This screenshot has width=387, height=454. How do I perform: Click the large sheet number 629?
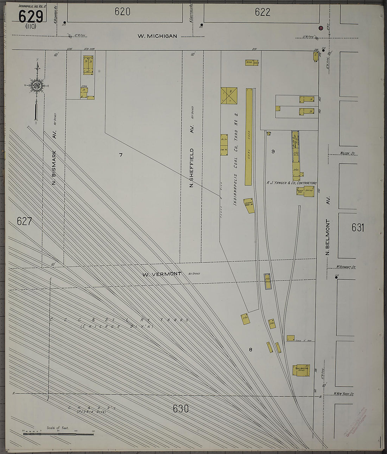point(31,16)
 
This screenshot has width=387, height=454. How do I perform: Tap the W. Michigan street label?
point(157,36)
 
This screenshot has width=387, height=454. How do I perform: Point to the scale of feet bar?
point(58,434)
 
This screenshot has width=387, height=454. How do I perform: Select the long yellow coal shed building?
point(249,137)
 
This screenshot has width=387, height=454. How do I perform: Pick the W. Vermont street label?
point(162,274)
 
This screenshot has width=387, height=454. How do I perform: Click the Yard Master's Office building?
point(303,370)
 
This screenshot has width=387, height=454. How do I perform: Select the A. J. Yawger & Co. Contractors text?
point(291,183)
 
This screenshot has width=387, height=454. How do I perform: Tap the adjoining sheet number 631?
point(357,228)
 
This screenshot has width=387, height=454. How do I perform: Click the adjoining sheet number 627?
point(24,221)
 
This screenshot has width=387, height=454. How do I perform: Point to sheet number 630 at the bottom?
point(181,409)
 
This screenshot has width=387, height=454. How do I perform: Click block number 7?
point(121,155)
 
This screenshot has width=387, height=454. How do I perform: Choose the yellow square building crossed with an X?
point(229,95)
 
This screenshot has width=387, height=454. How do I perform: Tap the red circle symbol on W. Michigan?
point(321,28)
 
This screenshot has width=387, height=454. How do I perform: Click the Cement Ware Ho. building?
point(249,205)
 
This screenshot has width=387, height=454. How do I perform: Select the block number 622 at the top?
point(262,12)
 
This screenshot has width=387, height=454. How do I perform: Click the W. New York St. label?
point(344,394)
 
